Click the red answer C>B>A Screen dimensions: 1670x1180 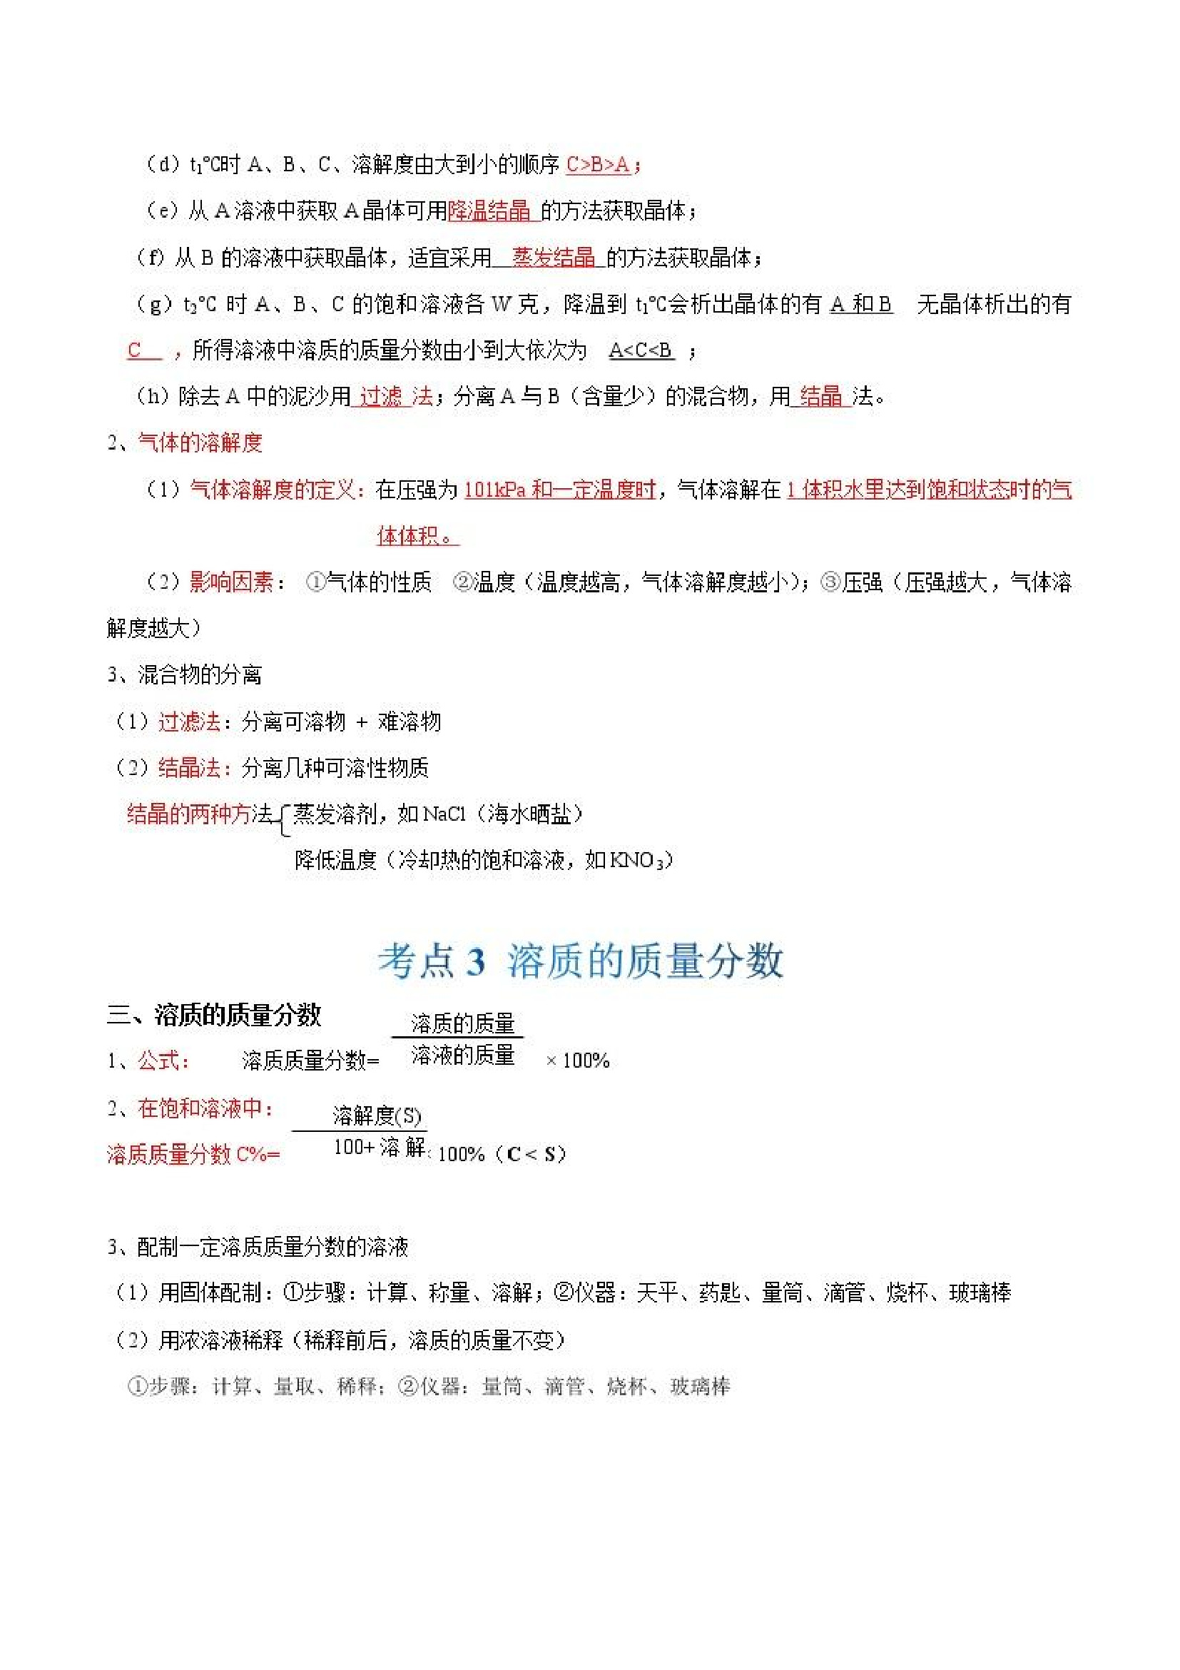597,165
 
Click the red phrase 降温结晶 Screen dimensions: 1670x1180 489,211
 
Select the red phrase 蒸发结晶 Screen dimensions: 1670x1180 554,258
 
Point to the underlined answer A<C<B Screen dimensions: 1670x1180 641,350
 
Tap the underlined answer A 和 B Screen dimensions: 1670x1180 861,304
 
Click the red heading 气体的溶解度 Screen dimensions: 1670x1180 200,443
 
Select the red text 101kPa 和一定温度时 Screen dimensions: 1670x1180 560,490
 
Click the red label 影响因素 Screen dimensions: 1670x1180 231,582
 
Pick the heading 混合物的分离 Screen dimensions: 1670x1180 199,675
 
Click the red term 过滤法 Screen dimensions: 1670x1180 189,722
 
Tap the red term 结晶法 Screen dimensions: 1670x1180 189,768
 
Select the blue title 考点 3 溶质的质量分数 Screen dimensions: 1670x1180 580,961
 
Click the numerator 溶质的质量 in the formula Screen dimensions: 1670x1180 462,1024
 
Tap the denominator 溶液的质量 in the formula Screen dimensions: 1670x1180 462,1055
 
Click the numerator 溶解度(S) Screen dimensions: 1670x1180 377,1115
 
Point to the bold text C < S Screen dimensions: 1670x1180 536,1154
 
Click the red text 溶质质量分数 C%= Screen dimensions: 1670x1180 193,1154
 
